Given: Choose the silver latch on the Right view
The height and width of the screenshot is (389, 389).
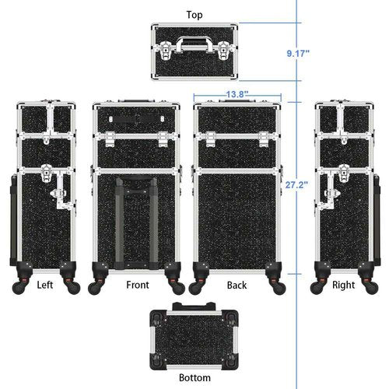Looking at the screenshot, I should (334, 183).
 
